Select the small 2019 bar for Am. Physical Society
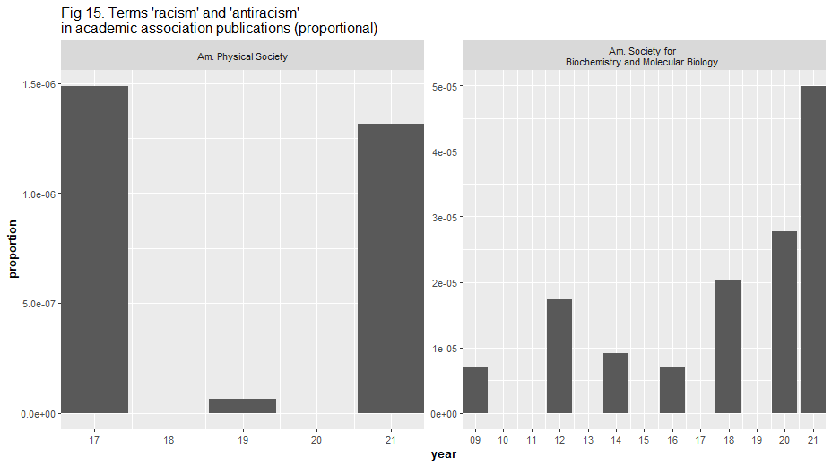242,406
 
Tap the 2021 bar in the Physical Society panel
390,268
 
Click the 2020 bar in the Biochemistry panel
784,322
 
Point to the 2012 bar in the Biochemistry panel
559,356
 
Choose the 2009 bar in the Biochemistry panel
475,390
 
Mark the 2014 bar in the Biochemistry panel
616,383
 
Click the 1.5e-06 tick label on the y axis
39,84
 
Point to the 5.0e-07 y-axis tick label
39,304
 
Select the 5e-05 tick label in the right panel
445,87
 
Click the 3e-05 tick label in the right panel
445,218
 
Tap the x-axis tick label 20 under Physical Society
316,440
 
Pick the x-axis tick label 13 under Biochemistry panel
588,440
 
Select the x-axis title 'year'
443,455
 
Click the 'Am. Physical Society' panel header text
242,57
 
